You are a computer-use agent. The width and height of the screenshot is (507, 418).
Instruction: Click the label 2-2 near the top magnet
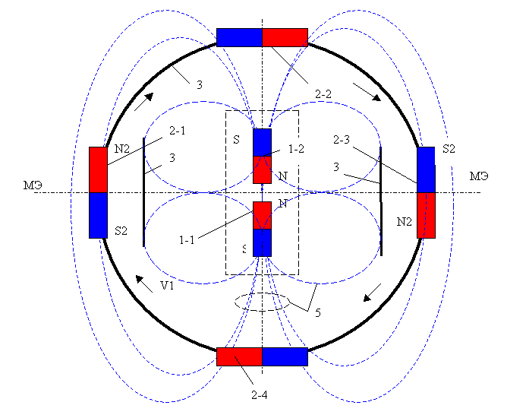coord(323,94)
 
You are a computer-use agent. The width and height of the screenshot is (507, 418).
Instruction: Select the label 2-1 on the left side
coord(178,131)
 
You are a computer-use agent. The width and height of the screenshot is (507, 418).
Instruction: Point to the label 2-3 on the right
coord(342,141)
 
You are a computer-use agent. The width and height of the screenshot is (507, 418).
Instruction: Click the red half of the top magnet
coord(285,37)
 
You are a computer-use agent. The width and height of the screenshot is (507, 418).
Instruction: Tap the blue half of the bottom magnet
coord(285,356)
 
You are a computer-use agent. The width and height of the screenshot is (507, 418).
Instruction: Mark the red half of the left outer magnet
coord(99,169)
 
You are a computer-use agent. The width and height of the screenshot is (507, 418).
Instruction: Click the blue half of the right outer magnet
coord(426,169)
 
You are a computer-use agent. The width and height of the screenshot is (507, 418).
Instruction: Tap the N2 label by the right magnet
coord(405,222)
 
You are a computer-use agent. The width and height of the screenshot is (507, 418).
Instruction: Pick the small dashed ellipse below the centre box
coord(262,301)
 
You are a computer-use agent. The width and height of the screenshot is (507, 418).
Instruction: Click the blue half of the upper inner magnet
coord(262,142)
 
